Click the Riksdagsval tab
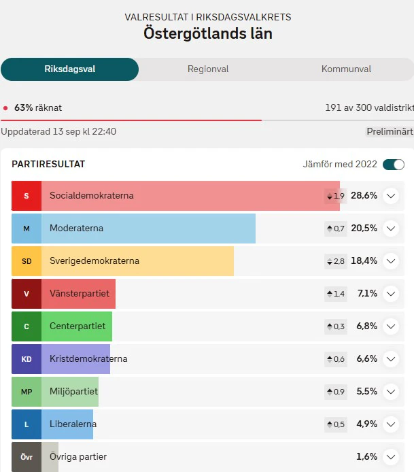pos(70,69)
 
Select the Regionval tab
pos(208,69)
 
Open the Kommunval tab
pos(346,69)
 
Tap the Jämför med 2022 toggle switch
pos(394,165)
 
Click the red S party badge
pos(27,196)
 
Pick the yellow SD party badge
pos(27,261)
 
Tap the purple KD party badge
pos(27,359)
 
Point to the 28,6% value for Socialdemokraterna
pos(364,196)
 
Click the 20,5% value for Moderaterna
pos(364,228)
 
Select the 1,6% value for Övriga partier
pos(366,456)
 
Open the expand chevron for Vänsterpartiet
pos(391,294)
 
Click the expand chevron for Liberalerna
pos(391,424)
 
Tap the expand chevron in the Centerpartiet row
pos(391,326)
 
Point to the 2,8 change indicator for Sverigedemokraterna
pos(336,261)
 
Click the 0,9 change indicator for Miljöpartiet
pos(336,392)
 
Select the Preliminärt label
pos(390,131)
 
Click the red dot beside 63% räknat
pos(5,108)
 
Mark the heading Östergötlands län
pos(208,33)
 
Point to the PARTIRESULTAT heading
pos(48,165)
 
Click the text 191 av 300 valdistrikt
pos(369,107)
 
